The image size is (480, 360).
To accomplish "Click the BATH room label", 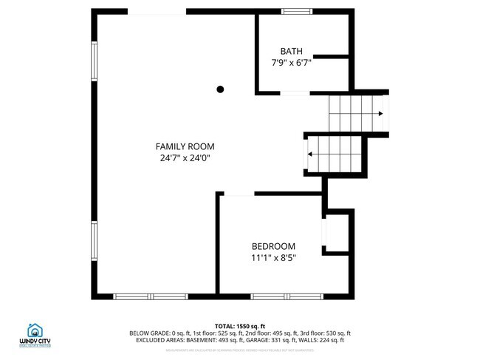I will tap(291, 51).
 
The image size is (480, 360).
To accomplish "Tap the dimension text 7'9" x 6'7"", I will tap(291, 64).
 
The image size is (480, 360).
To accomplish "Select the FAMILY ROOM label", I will tap(184, 146).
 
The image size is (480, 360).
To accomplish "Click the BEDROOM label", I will tap(273, 246).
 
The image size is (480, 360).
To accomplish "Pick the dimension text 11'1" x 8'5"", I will tap(273, 258).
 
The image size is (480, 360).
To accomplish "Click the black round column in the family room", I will tap(220, 89).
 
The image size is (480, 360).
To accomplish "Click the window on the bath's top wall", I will tap(297, 12).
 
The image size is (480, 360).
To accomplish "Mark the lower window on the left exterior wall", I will tap(94, 245).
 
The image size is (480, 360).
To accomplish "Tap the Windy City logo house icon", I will tap(34, 330).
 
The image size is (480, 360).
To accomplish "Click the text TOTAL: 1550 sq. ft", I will tap(240, 325).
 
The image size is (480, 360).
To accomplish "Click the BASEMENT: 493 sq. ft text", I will tap(226, 340).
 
